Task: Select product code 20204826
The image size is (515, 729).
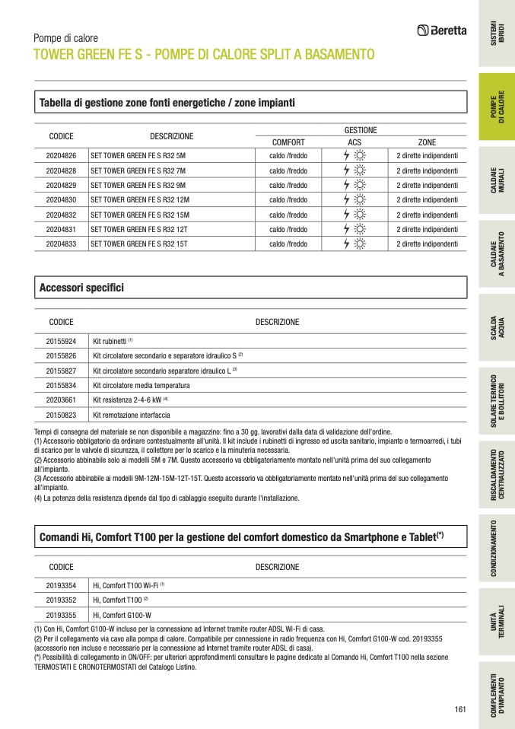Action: click(x=61, y=155)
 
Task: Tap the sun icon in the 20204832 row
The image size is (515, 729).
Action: click(x=360, y=215)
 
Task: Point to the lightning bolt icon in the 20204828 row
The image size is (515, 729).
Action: click(x=347, y=170)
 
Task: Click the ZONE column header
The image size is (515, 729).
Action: click(x=427, y=142)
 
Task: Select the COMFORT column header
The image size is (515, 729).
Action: click(x=288, y=142)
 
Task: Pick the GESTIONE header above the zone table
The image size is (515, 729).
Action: click(x=361, y=130)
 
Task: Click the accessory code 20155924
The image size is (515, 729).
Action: click(x=61, y=342)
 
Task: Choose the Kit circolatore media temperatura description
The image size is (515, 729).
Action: click(x=141, y=386)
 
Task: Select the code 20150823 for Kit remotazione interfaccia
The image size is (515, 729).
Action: click(x=61, y=415)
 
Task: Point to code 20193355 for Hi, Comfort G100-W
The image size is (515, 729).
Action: click(x=61, y=615)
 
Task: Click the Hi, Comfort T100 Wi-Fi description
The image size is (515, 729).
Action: click(x=126, y=585)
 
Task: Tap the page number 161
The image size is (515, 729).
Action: click(x=459, y=710)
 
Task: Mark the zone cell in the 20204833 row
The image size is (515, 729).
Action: click(x=427, y=244)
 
